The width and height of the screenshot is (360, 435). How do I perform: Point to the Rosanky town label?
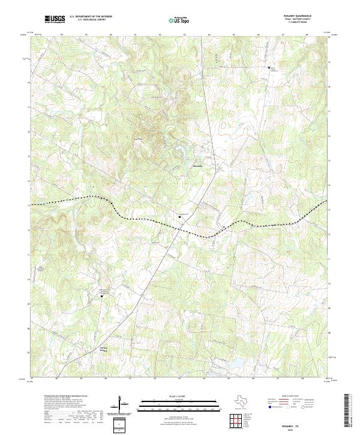click(198, 166)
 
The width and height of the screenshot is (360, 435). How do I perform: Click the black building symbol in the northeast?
click(269, 67)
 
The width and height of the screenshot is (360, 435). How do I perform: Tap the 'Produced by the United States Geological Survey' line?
click(66, 396)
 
